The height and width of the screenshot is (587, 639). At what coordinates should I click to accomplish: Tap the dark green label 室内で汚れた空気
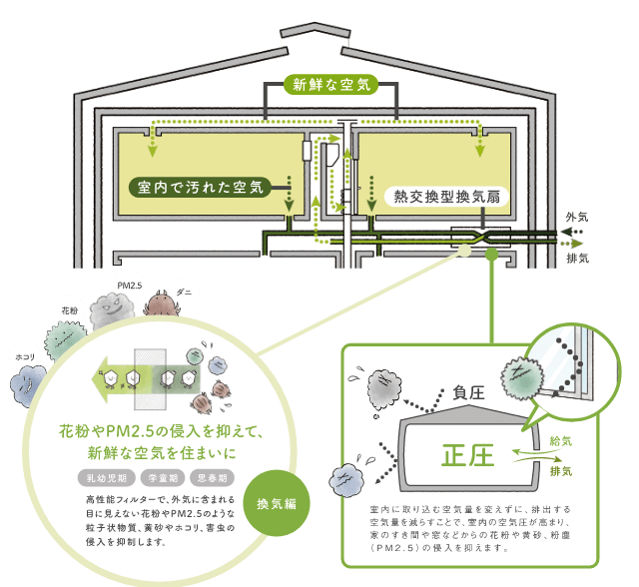click(x=199, y=187)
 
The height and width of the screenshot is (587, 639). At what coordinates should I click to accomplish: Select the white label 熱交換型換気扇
click(x=445, y=197)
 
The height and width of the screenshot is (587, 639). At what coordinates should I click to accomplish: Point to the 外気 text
click(x=577, y=217)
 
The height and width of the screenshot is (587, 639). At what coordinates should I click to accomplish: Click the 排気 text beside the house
click(x=577, y=258)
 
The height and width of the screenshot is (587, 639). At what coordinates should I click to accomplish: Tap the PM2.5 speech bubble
click(x=130, y=287)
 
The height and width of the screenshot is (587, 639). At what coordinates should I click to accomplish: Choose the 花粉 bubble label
click(x=70, y=310)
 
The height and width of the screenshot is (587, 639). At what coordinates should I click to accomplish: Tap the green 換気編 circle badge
click(x=277, y=503)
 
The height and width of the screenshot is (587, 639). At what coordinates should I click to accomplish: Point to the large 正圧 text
click(x=467, y=456)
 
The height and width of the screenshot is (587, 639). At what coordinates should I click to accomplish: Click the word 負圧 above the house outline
click(x=468, y=393)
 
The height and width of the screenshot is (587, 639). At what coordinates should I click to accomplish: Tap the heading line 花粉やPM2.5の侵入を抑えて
click(x=160, y=433)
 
